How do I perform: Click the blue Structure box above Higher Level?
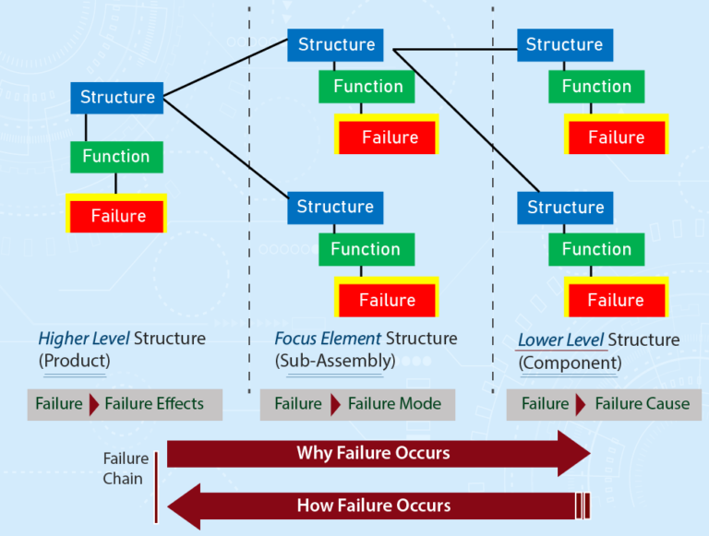(x=116, y=98)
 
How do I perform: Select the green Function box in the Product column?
(x=116, y=157)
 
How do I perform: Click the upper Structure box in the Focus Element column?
(x=335, y=45)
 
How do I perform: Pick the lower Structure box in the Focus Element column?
(x=335, y=208)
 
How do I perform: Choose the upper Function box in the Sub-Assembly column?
(x=367, y=87)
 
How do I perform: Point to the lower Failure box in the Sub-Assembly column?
(x=387, y=297)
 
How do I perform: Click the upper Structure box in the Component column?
(x=565, y=45)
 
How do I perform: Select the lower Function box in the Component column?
(x=596, y=249)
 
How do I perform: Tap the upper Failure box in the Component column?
(x=617, y=134)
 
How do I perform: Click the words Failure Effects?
(x=154, y=403)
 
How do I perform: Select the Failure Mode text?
(x=394, y=403)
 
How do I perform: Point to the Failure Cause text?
(x=643, y=403)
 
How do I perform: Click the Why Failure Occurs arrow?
(x=379, y=453)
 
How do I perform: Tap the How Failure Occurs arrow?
(x=379, y=506)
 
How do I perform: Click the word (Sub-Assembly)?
(x=335, y=361)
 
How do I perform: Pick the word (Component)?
(x=571, y=363)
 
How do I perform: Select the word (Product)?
(x=75, y=361)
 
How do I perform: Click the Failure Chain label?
(x=126, y=469)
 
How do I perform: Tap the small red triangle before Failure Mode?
(x=335, y=404)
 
